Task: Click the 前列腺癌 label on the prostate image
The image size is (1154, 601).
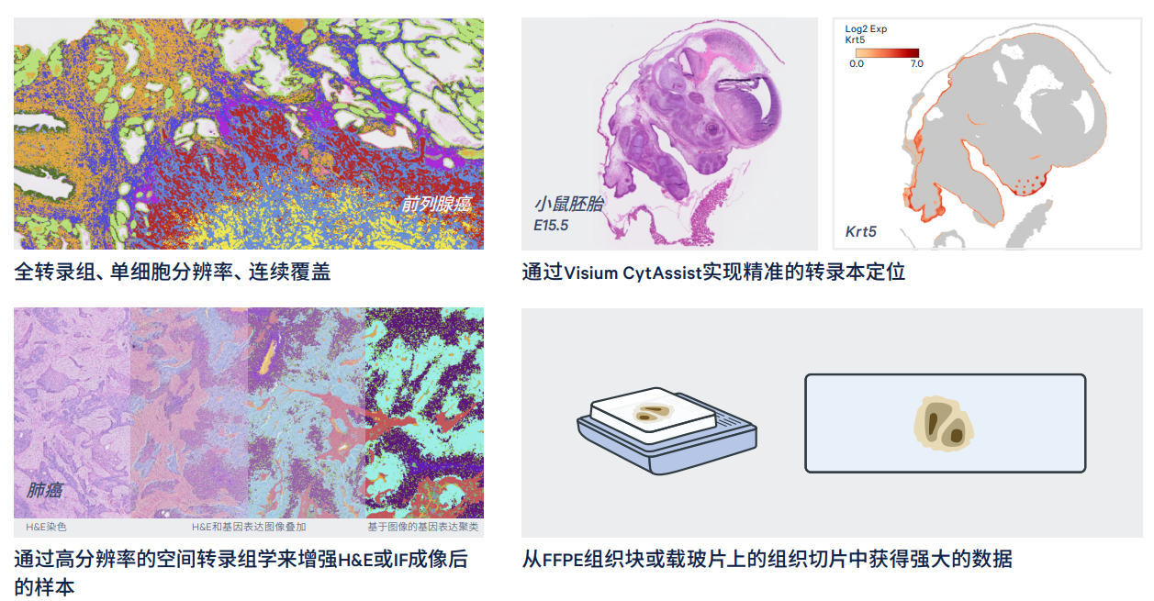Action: point(436,205)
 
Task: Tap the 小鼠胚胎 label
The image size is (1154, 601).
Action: point(569,204)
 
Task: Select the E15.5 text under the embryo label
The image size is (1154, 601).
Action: point(551,226)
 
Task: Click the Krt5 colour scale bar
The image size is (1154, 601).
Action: point(887,52)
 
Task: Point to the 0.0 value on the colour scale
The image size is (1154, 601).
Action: point(857,64)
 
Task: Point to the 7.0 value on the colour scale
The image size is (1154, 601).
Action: point(916,64)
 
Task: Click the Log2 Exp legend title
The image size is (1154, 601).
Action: point(866,28)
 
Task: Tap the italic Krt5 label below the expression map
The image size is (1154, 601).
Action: point(860,232)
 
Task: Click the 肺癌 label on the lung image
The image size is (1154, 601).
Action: point(44,490)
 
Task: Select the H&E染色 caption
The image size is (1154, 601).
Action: point(46,527)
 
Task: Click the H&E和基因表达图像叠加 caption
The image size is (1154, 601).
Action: point(249,527)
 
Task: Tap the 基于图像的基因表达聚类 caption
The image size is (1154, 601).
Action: point(422,527)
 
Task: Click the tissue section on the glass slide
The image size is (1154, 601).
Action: point(943,424)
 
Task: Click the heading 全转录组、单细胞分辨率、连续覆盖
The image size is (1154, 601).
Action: point(172,272)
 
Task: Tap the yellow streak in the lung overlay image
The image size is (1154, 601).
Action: point(267,356)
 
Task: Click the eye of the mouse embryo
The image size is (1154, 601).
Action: point(712,128)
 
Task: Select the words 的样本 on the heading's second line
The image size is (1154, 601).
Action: point(44,587)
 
